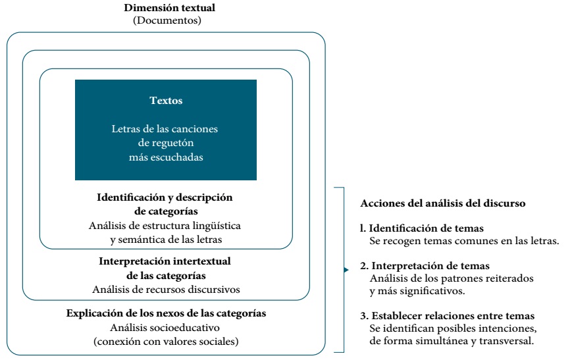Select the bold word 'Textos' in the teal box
pos(166,101)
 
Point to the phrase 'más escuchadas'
pos(166,157)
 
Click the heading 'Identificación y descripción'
pos(165,197)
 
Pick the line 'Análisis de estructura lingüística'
pos(165,225)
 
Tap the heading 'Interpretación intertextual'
pos(165,261)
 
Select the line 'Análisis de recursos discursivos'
pos(165,289)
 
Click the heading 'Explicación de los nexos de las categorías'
pos(166,313)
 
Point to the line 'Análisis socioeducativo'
pos(165,327)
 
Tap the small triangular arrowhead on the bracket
pos(346,269)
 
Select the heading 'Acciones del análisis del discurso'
pos(444,203)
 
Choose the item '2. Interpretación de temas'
pos(425,266)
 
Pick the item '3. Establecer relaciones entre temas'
pos(447,316)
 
